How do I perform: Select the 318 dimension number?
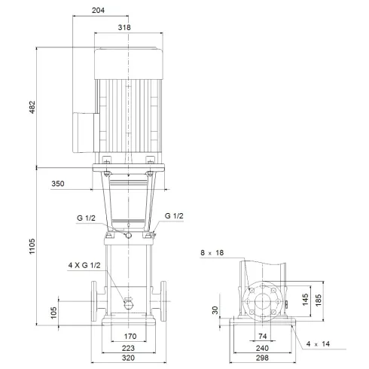click(x=125, y=27)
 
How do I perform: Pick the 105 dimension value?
click(x=53, y=313)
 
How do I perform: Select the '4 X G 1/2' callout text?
click(x=84, y=265)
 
